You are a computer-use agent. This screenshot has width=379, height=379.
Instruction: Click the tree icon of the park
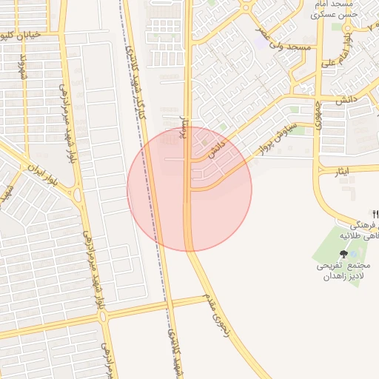[343, 253]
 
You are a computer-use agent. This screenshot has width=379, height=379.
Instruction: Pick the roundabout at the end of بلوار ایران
[76, 195]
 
